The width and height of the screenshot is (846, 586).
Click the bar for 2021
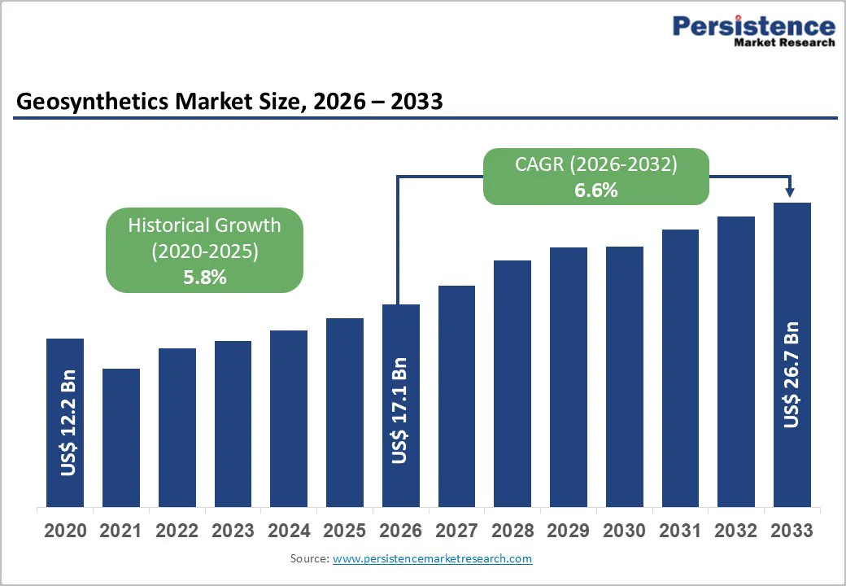(120, 437)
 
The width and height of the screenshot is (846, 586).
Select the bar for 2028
(512, 383)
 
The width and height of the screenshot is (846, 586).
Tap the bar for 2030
(624, 376)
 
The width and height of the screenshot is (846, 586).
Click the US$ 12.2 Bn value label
(68, 423)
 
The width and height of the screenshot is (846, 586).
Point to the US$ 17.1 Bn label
(399, 411)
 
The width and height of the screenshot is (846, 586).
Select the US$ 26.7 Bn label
(791, 375)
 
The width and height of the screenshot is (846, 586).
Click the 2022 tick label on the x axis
(177, 531)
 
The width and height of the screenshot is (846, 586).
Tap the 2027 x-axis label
(456, 531)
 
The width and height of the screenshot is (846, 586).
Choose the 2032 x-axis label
(735, 531)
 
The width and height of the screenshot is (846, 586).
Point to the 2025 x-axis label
(344, 531)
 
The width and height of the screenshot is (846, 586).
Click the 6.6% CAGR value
(595, 190)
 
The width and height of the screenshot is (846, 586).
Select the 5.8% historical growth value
(205, 278)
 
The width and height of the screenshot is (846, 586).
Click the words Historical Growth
(204, 225)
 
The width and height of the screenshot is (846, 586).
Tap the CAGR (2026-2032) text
(595, 164)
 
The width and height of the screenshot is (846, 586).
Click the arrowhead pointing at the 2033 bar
(790, 193)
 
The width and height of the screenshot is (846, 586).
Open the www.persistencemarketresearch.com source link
(432, 558)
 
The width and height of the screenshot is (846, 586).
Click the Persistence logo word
(753, 27)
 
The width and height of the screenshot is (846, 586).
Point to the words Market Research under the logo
(784, 43)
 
